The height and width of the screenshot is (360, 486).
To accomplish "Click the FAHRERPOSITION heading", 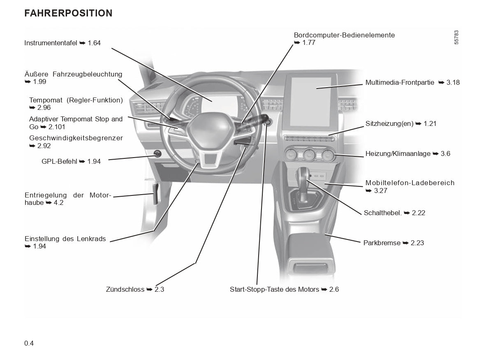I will click(68, 13).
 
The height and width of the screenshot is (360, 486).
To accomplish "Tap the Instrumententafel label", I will click(51, 43).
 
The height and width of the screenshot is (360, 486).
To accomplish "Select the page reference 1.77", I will click(308, 43).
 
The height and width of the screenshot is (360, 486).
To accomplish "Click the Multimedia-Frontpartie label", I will click(400, 83).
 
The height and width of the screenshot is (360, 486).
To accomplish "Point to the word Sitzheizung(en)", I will click(389, 123).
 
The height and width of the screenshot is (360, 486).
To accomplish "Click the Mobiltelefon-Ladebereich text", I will click(410, 183).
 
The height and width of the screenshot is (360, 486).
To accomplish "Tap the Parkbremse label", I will click(382, 243).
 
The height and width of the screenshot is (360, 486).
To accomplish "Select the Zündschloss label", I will click(125, 290).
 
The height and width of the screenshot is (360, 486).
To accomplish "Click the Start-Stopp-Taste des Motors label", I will click(274, 290).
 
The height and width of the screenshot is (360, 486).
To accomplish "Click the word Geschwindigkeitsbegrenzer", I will click(76, 138).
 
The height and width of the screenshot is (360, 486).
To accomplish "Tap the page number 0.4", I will click(29, 343).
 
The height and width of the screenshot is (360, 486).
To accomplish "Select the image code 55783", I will click(456, 38).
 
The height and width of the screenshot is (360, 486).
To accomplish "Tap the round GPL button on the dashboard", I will click(157, 154).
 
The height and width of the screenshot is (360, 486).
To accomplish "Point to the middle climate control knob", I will click(308, 155).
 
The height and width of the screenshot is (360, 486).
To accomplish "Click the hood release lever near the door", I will click(156, 193).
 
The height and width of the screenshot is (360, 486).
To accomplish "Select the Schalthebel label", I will click(382, 213).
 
